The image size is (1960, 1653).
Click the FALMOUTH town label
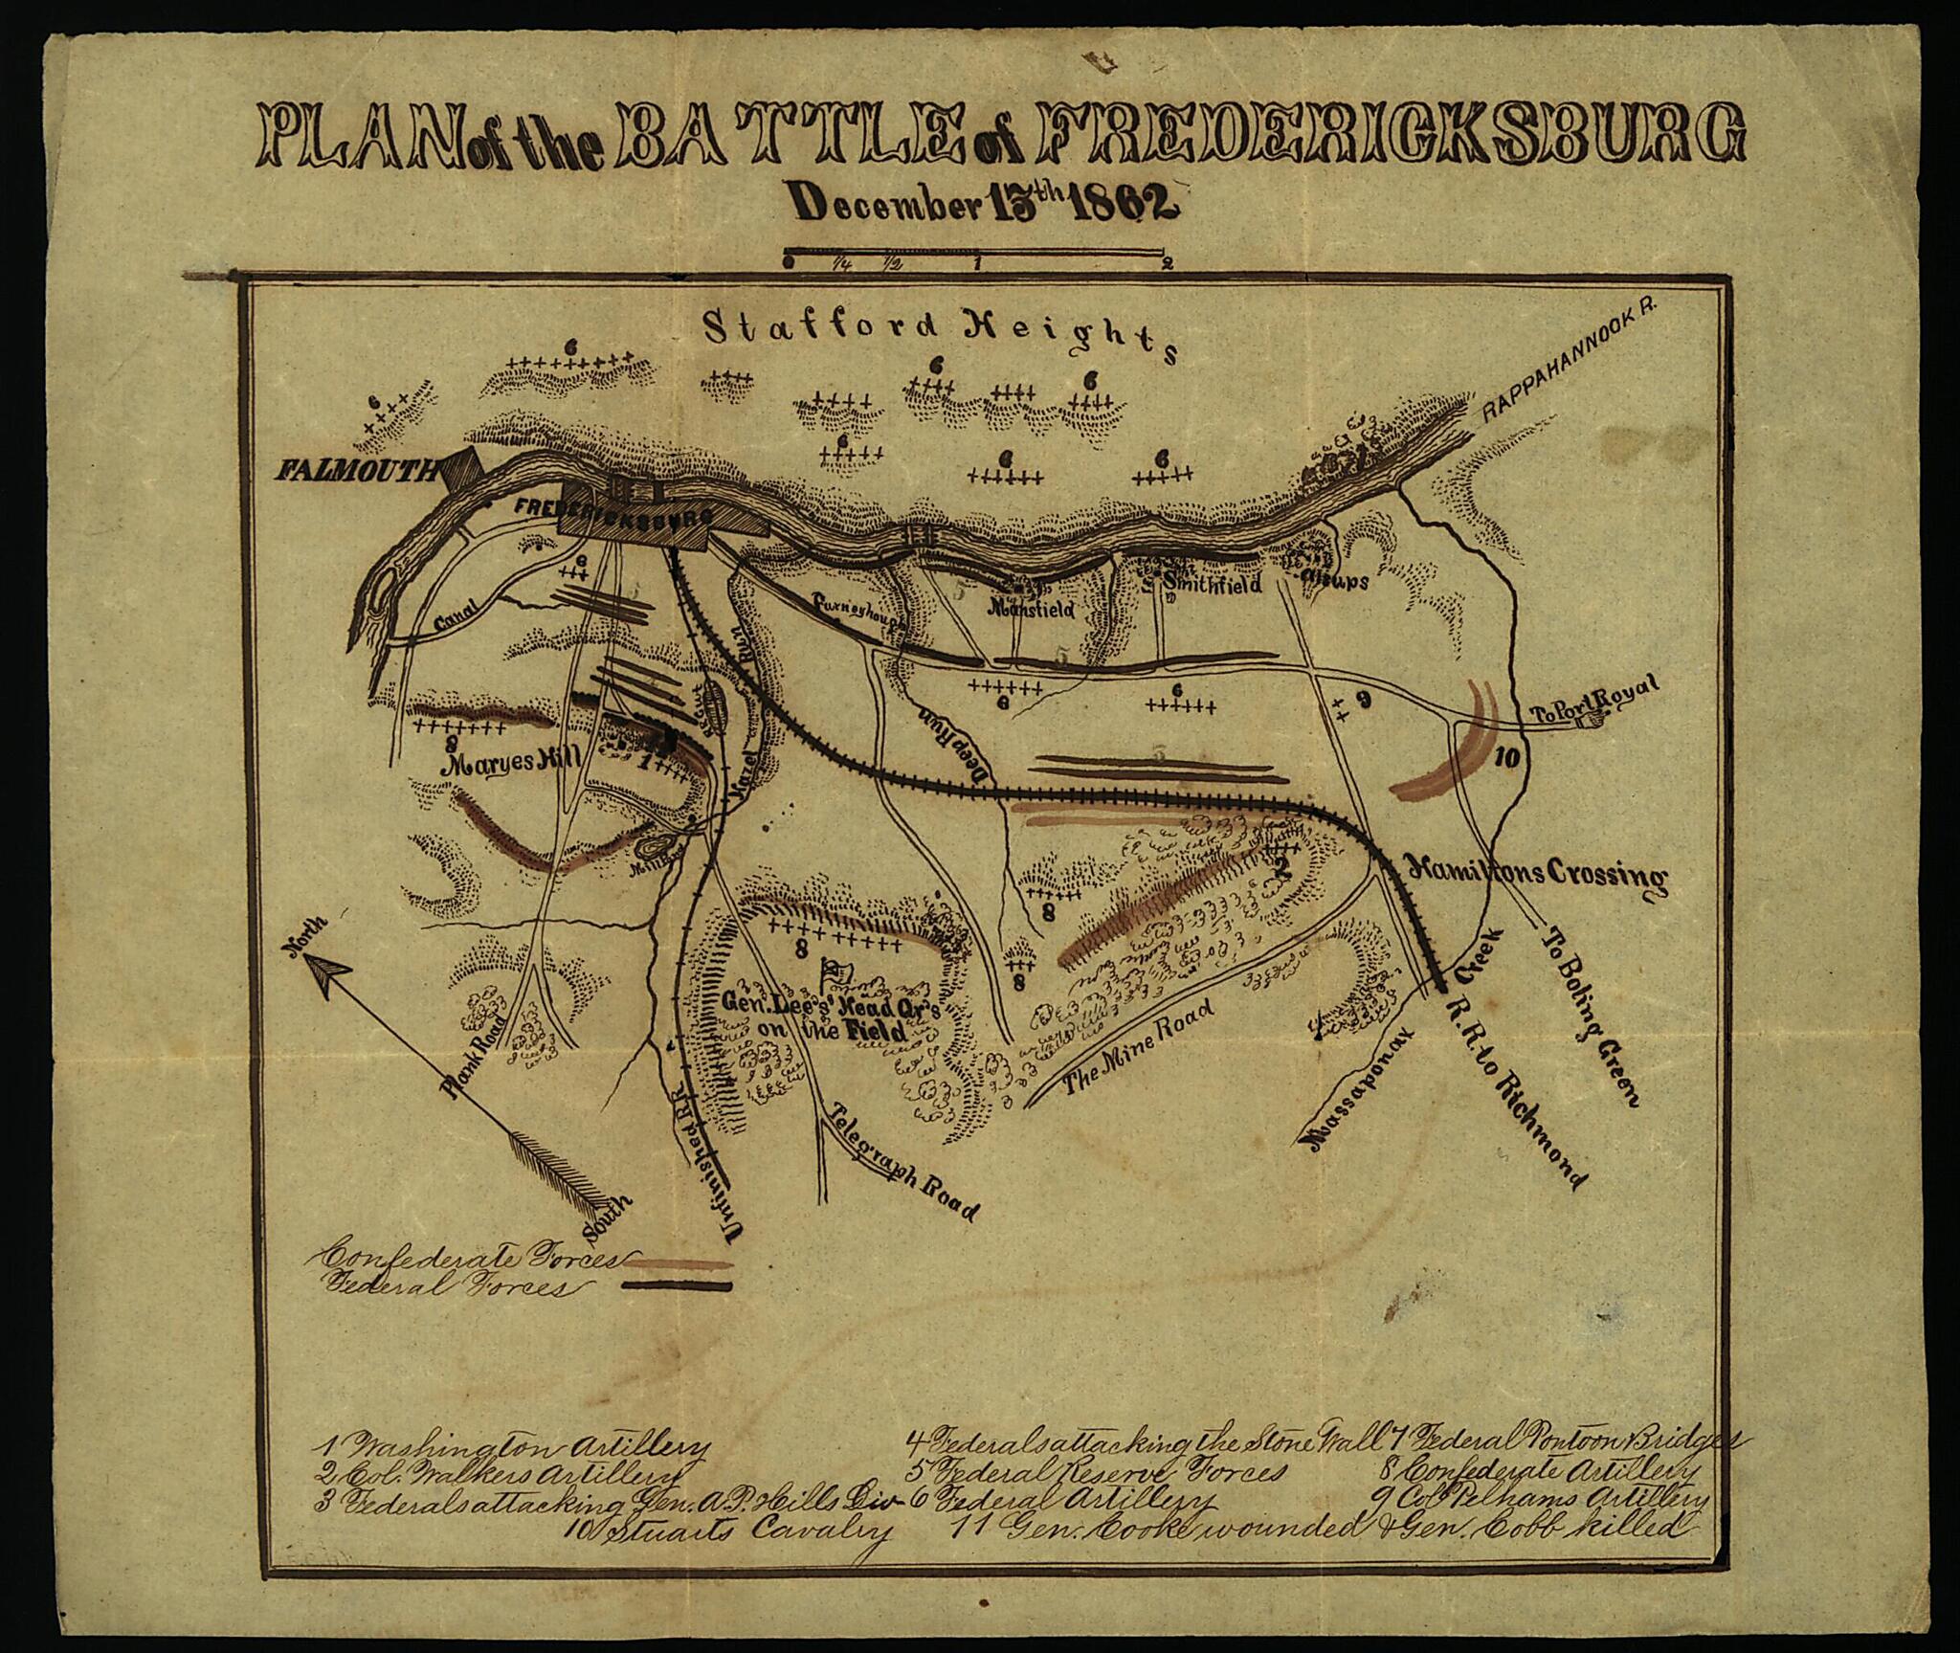[353, 470]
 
